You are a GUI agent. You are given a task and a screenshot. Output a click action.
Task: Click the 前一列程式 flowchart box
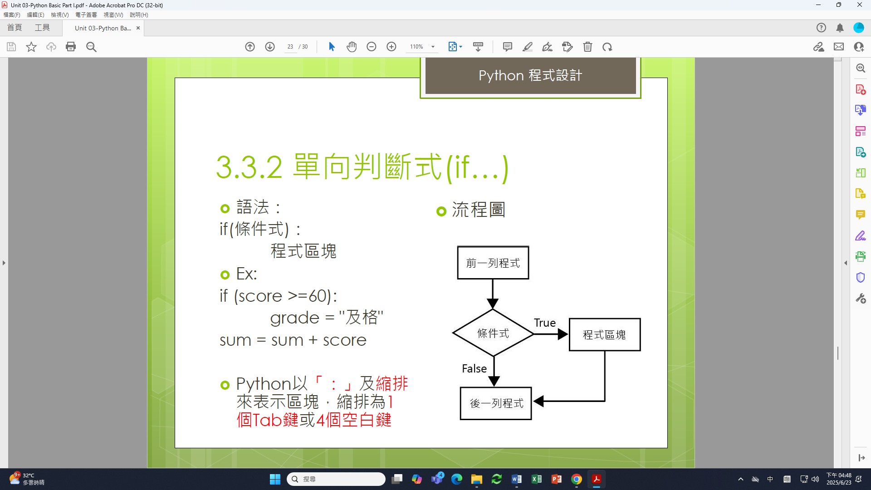point(493,263)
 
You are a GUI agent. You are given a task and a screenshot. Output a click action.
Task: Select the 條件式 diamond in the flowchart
point(493,333)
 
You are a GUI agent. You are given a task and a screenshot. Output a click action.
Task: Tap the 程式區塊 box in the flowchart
point(605,335)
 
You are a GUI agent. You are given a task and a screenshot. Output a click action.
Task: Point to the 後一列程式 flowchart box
point(496,403)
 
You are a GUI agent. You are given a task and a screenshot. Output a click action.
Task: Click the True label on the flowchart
point(545,323)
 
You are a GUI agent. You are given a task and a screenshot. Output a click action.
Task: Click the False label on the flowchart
point(474,368)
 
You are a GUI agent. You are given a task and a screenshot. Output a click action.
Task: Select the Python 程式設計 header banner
point(530,76)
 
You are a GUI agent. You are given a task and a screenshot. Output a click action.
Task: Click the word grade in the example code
point(295,318)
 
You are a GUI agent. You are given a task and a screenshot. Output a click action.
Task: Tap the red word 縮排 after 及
point(392,384)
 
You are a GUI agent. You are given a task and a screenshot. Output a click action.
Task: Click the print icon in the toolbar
point(71,47)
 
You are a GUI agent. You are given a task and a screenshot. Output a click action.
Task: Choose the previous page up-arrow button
point(250,47)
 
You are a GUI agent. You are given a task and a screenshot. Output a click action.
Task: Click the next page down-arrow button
point(270,47)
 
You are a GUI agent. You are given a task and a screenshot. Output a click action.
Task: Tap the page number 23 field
point(290,47)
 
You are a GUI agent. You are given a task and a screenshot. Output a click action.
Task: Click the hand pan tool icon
point(352,47)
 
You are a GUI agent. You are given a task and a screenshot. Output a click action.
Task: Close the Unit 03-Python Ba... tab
point(138,28)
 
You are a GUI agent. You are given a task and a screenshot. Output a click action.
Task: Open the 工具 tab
point(42,28)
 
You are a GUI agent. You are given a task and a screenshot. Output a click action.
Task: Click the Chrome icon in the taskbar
point(577,479)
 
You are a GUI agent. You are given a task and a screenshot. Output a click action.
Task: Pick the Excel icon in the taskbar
point(537,479)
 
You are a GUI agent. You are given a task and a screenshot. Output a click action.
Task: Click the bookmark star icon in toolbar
point(31,47)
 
